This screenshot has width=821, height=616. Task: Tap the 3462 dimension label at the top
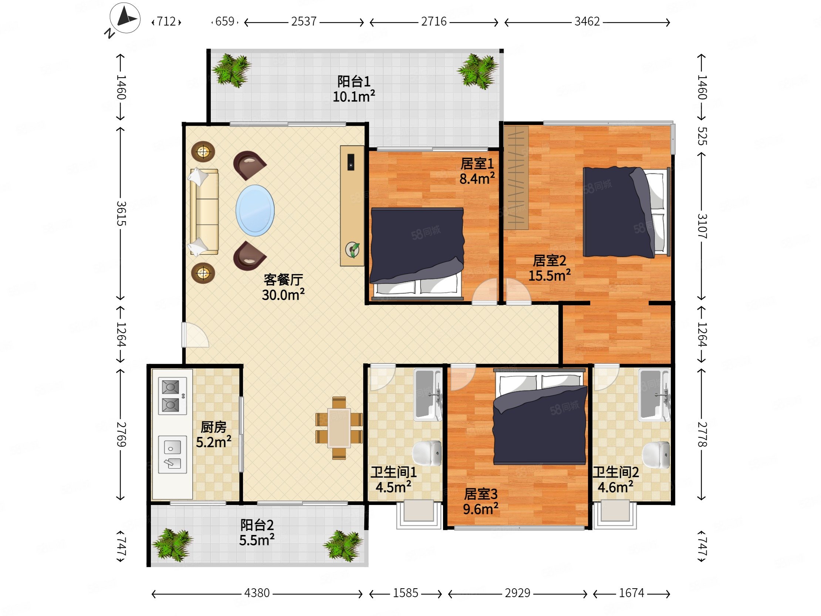point(587,21)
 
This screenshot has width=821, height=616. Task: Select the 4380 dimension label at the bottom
point(257,593)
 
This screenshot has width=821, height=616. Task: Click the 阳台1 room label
point(354,81)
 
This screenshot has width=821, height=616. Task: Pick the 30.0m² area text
point(283,295)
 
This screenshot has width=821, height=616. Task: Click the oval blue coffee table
point(255,211)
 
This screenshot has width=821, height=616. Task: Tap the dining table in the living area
point(339,428)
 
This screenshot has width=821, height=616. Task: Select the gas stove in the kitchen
point(172,396)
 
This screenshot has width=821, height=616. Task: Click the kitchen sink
point(172,454)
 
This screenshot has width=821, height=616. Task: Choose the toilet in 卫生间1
point(427,453)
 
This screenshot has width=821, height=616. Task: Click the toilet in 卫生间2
point(656,455)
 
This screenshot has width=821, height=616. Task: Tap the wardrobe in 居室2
point(516,178)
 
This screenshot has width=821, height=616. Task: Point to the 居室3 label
point(481,494)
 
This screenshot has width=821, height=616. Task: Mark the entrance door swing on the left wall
point(195,335)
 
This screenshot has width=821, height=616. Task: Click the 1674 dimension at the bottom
point(632,593)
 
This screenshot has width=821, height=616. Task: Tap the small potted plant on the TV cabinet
point(352,249)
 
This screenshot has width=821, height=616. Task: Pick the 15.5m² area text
point(550,276)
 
